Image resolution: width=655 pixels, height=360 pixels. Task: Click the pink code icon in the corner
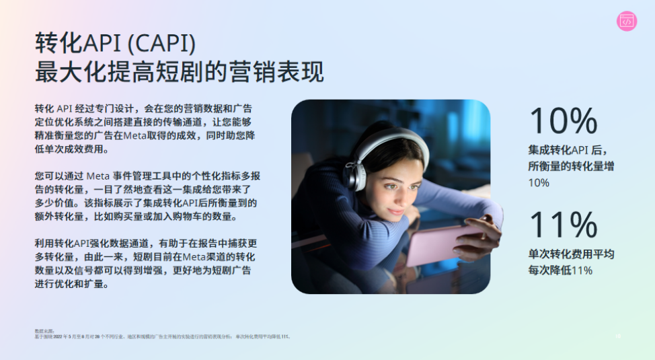click(627, 22)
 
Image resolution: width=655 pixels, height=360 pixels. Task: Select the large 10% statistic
click(563, 120)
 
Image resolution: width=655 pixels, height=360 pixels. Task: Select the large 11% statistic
click(563, 225)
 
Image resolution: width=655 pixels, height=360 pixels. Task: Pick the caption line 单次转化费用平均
click(571, 254)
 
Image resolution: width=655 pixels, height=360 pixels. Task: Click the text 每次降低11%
click(560, 271)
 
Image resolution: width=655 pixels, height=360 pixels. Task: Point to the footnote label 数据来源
click(44, 331)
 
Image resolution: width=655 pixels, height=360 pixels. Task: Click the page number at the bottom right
click(617, 336)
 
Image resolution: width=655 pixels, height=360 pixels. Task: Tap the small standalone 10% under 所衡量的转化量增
click(539, 182)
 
